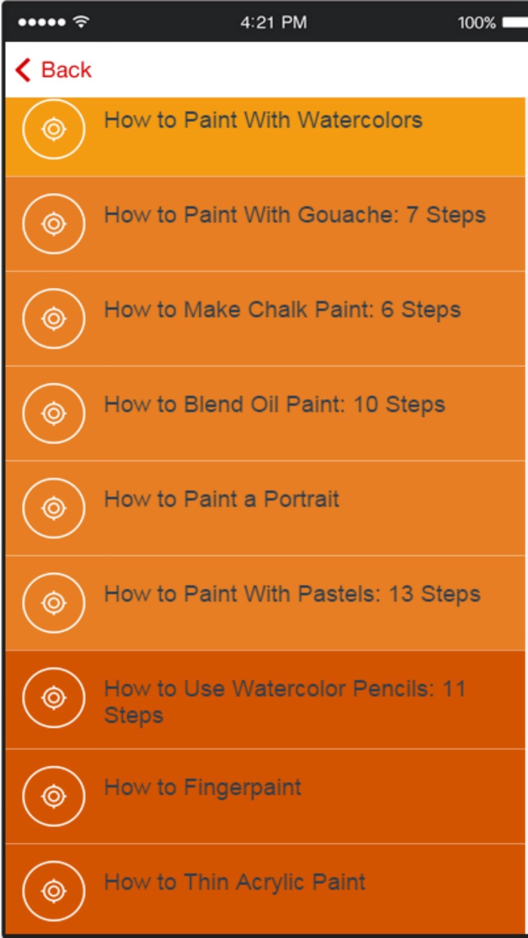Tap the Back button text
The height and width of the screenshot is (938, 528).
[66, 70]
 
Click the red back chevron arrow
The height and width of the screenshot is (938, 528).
[23, 70]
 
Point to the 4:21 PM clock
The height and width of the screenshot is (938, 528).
[273, 23]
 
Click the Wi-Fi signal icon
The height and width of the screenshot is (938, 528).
[81, 23]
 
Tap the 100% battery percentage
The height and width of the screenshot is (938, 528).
[476, 23]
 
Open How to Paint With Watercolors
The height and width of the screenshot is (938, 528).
[262, 121]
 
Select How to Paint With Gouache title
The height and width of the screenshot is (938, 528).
[294, 216]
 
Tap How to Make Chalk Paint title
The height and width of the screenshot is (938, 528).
[282, 310]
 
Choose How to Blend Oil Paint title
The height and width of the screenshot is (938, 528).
[275, 405]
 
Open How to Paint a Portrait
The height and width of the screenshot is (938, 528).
[222, 499]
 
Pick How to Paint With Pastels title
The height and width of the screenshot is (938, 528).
[292, 594]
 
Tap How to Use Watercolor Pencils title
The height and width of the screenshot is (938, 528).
[284, 688]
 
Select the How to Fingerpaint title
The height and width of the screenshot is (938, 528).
[202, 788]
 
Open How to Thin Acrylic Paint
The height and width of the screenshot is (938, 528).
[235, 882]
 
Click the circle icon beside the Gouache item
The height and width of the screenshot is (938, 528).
[54, 224]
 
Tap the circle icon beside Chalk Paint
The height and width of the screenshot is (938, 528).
[54, 318]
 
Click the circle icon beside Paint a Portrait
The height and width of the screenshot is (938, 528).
[54, 507]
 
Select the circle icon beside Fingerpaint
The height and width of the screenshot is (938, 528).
[54, 796]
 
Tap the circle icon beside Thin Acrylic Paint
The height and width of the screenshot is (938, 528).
[54, 890]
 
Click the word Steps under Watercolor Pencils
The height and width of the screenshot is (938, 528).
[134, 716]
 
